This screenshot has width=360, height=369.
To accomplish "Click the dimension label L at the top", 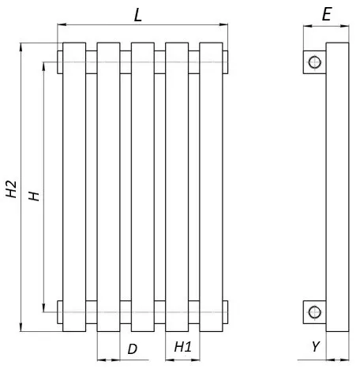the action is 138,15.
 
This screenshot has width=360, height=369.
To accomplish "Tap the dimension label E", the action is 327,14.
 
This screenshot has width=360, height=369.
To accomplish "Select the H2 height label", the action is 11,189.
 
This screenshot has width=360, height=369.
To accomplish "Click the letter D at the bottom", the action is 133,349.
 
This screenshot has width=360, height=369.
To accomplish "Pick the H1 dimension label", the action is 183,347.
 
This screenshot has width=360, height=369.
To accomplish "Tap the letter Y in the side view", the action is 316,346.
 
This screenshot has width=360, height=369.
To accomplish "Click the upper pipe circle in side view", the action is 314,62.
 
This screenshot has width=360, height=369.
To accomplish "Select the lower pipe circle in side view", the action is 314,312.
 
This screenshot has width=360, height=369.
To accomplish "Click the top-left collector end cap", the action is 60,62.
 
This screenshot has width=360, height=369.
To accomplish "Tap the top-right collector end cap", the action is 225,62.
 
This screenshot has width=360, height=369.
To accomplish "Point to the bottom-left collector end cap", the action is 60,312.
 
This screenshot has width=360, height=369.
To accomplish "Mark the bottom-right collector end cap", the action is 225,312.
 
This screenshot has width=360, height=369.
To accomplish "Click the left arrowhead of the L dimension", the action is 62,24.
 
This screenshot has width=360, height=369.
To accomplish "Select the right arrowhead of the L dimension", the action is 223,24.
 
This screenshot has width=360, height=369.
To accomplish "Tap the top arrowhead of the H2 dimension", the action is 21,47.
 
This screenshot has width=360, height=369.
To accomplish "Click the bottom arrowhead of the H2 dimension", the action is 21,327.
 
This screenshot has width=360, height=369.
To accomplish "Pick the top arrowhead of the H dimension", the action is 44,66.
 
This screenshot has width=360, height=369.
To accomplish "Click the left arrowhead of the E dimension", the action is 308,26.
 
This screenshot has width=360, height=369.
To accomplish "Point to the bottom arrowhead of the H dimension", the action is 44,307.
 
